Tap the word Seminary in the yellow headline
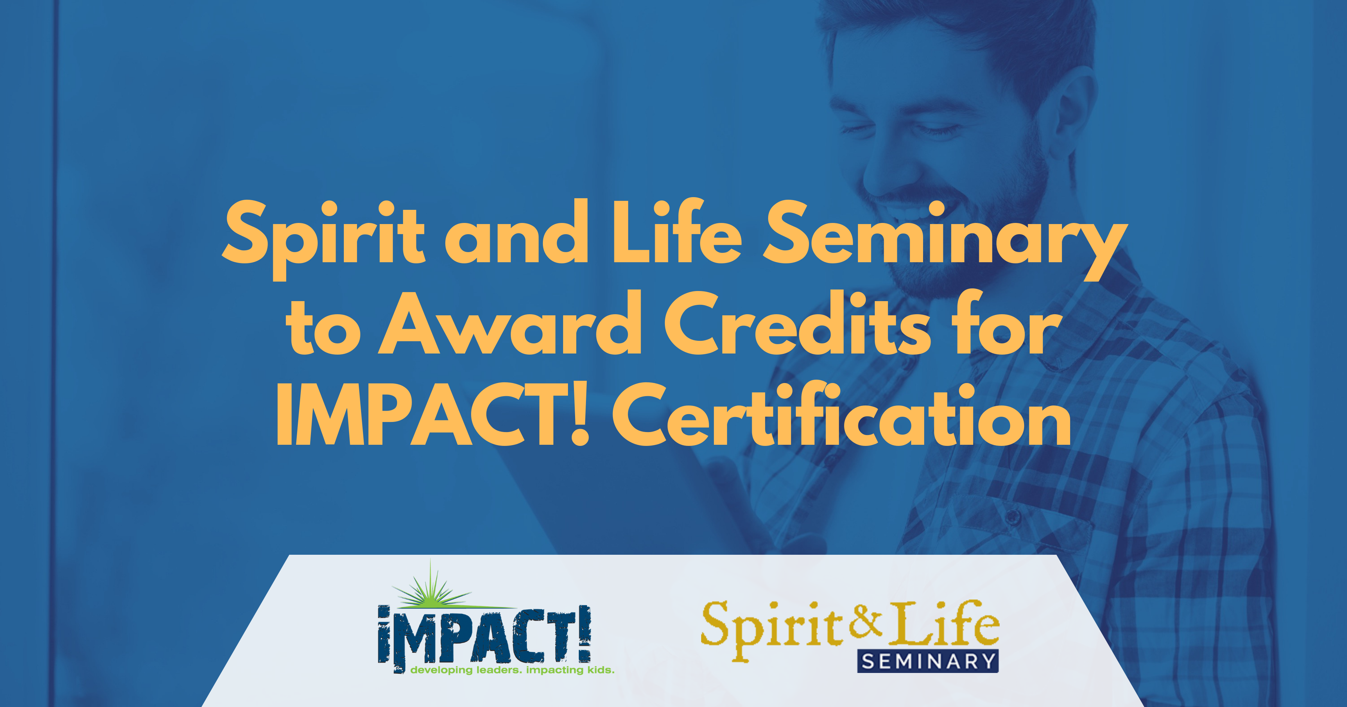tap(944, 239)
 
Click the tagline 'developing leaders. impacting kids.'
tap(513, 670)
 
